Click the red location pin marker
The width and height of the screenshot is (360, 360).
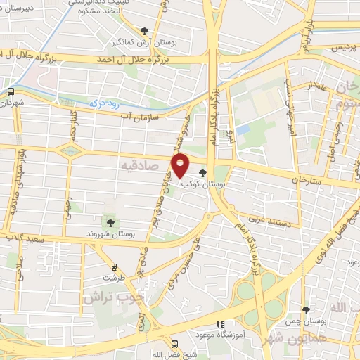[181, 165]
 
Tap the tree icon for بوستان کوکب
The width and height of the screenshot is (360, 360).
[203, 173]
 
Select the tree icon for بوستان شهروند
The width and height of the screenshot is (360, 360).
[109, 222]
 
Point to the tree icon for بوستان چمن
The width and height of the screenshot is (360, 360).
[306, 310]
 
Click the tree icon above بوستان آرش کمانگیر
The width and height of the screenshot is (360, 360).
[145, 30]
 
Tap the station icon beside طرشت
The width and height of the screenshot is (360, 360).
[114, 267]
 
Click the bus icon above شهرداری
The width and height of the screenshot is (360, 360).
[11, 91]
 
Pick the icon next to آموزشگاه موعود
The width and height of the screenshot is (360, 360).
[220, 325]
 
